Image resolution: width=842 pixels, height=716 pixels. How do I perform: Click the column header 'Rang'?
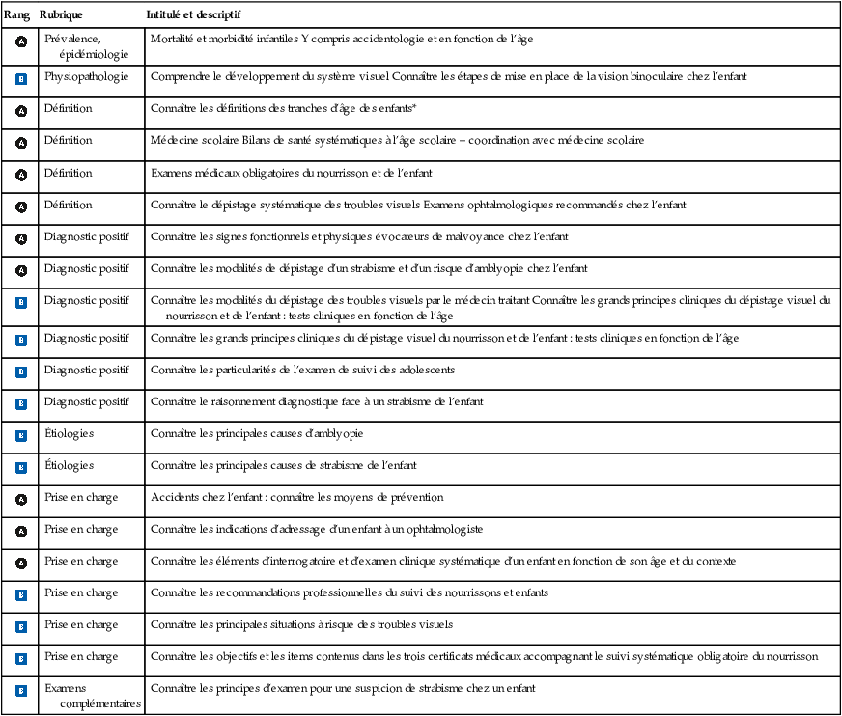[x=16, y=16]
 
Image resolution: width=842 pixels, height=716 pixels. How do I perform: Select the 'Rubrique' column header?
[x=61, y=16]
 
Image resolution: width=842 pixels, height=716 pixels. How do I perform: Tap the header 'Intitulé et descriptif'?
[x=193, y=16]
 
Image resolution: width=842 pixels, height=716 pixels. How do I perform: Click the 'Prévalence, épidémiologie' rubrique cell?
[x=87, y=46]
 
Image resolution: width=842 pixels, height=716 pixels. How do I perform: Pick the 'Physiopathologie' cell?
[x=86, y=76]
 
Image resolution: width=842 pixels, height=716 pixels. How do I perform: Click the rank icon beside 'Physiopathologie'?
[x=21, y=78]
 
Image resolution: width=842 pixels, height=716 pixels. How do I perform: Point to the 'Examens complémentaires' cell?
[x=93, y=696]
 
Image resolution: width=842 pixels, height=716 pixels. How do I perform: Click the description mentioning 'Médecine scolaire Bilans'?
[x=397, y=141]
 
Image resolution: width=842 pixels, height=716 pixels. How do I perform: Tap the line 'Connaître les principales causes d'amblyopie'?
[x=257, y=434]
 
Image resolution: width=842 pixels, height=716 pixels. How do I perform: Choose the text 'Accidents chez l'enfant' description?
[x=296, y=498]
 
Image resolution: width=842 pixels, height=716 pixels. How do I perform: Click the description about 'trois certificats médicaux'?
[x=484, y=657]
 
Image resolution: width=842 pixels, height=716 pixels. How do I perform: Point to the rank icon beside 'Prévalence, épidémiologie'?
[x=21, y=42]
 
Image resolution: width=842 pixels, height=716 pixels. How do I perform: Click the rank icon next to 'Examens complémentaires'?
[x=21, y=691]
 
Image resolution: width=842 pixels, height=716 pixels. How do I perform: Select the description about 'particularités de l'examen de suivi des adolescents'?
[x=302, y=371]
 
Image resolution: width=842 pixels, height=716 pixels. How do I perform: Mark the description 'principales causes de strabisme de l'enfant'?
[x=283, y=466]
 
